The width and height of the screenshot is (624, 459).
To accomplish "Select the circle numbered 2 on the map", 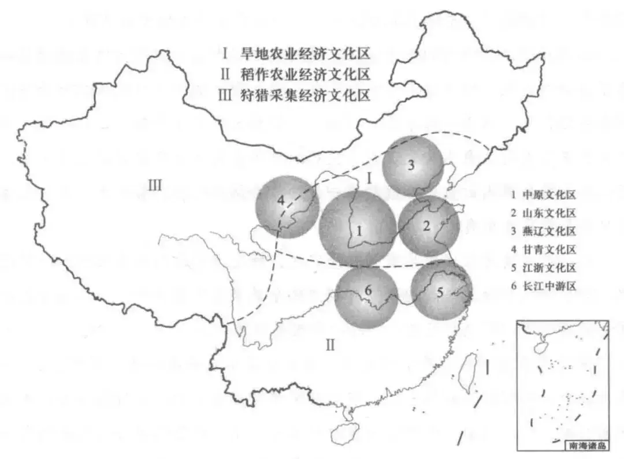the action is (x=429, y=226).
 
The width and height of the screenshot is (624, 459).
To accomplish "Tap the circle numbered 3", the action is (x=413, y=165).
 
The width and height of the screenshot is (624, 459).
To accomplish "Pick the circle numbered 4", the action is (x=287, y=206).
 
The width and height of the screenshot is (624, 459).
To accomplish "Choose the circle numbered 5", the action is (x=442, y=290).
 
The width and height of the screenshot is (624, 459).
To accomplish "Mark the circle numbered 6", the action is (x=367, y=296).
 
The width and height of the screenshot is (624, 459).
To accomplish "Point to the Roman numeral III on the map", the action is (x=154, y=185).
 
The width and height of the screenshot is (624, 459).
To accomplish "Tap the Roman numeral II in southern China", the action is (x=330, y=345).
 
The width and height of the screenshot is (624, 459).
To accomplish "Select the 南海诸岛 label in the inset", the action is (x=585, y=445).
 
